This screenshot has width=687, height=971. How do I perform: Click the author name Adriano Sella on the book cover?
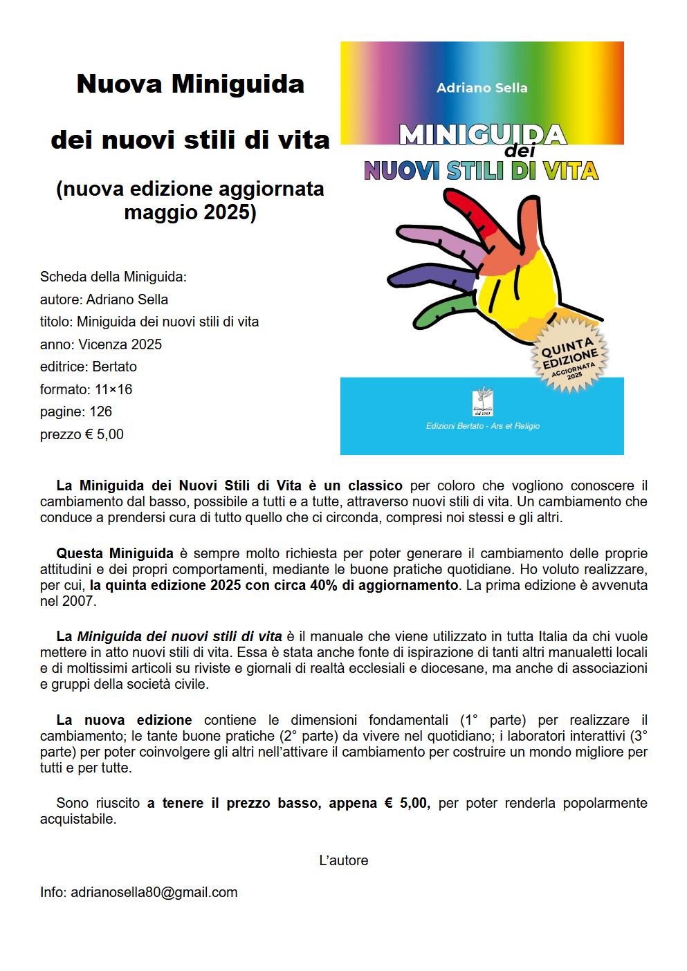(x=482, y=88)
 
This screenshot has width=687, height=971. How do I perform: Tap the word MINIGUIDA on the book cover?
(x=482, y=134)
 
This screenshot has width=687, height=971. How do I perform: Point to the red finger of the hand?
(x=477, y=210)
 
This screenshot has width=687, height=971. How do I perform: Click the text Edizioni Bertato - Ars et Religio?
(x=482, y=426)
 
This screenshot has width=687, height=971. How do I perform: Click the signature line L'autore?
(x=343, y=860)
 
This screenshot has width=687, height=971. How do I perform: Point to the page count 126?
(x=100, y=411)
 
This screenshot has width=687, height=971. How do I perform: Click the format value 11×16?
(x=113, y=389)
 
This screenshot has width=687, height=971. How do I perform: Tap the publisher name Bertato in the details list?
(x=114, y=367)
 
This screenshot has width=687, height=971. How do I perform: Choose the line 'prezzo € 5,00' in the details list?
(x=82, y=434)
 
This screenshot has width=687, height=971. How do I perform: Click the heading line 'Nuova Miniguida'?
(x=190, y=84)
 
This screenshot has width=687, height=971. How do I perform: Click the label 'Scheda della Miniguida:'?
(x=113, y=277)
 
